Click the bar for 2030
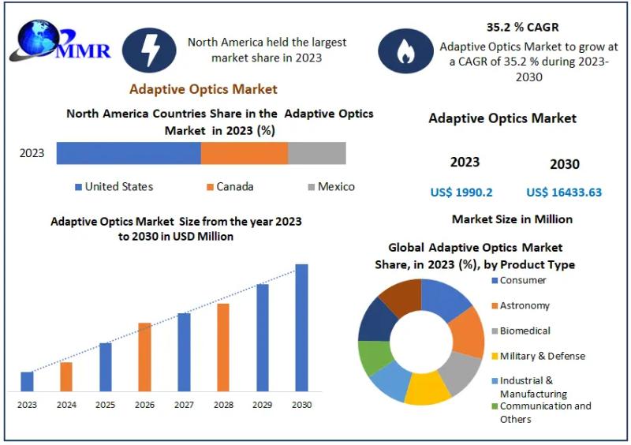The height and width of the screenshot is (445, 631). pyautogui.click(x=301, y=327)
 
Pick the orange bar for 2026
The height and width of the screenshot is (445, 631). pyautogui.click(x=144, y=357)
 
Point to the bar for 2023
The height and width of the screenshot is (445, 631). pyautogui.click(x=27, y=381)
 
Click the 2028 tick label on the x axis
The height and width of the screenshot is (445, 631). pyautogui.click(x=223, y=405)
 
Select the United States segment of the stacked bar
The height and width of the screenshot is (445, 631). pyautogui.click(x=129, y=153)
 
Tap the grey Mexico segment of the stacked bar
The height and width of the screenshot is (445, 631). pyautogui.click(x=316, y=153)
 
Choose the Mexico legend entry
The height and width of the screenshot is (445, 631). pyautogui.click(x=330, y=187)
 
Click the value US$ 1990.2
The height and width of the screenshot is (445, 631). pyautogui.click(x=461, y=193)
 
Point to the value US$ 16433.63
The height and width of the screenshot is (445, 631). pyautogui.click(x=564, y=193)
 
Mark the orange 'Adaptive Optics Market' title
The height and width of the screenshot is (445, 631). pyautogui.click(x=203, y=89)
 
